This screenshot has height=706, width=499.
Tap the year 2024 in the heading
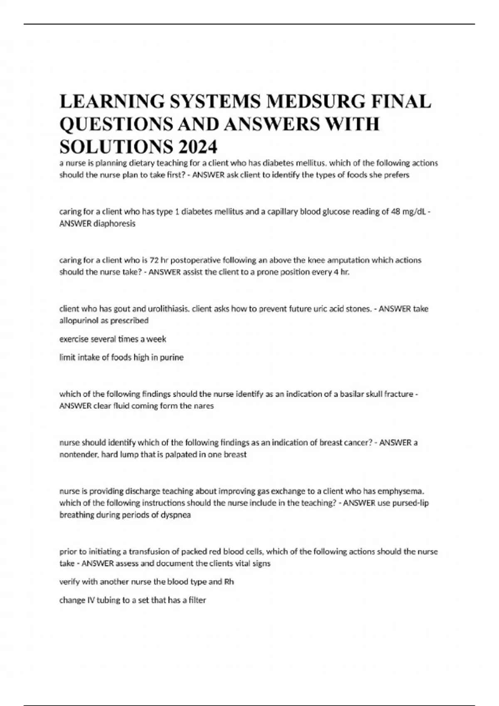click(x=198, y=147)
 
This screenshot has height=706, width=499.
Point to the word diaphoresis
click(x=114, y=224)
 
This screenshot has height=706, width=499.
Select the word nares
click(x=203, y=406)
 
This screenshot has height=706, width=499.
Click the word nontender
click(x=79, y=455)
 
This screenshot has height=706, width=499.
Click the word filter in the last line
click(x=198, y=600)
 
